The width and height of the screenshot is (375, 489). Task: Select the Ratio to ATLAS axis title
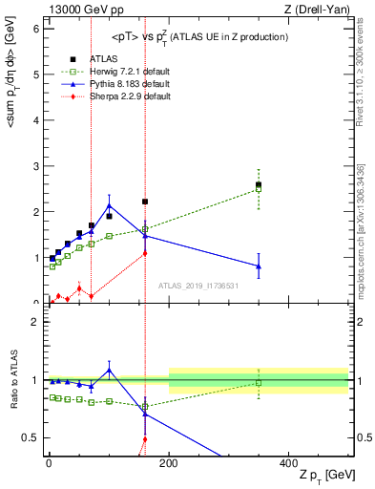click(x=14, y=379)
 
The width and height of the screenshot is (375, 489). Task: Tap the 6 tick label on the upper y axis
click(x=35, y=30)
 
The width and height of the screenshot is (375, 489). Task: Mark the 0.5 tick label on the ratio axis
click(x=31, y=438)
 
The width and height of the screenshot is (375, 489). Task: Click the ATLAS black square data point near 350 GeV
click(x=259, y=185)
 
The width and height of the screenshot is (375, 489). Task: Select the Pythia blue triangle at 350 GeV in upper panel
click(x=259, y=266)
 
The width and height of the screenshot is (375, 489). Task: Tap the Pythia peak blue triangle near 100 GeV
click(x=110, y=205)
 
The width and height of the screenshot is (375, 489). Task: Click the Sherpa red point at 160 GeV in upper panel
click(x=145, y=253)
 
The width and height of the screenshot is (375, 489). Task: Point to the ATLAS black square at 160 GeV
click(x=145, y=202)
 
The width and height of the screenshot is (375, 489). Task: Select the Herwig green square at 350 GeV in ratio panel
click(x=259, y=383)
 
